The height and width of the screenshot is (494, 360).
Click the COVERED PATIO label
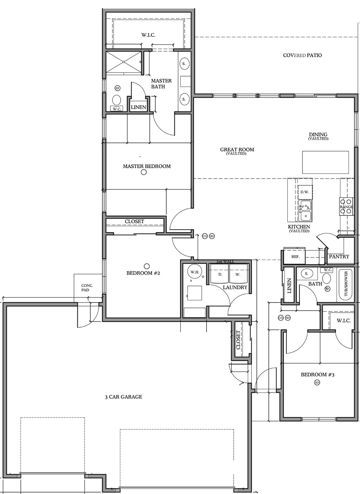(302, 55)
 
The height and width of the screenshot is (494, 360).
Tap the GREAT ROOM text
(237, 150)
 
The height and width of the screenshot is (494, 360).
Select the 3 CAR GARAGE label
(123, 397)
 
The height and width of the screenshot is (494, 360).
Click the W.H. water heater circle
(195, 272)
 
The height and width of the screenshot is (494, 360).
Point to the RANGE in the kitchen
(346, 207)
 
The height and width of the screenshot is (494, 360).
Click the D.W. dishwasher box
(305, 192)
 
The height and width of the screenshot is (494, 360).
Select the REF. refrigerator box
(295, 257)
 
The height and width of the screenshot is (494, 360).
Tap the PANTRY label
(339, 257)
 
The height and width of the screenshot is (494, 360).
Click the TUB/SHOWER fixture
(346, 284)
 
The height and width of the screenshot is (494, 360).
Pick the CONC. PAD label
(87, 288)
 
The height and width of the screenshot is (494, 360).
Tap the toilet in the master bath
(117, 99)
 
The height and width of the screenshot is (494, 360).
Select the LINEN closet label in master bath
(139, 107)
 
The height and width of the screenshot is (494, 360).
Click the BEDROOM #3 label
(317, 375)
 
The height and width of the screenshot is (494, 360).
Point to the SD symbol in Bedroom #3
(317, 382)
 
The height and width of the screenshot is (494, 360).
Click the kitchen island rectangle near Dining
(325, 162)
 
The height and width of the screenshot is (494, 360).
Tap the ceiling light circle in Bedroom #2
(147, 266)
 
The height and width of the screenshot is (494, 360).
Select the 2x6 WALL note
(225, 262)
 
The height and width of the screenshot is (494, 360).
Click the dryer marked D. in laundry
(220, 274)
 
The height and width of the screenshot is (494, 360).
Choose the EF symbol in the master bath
(117, 88)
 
